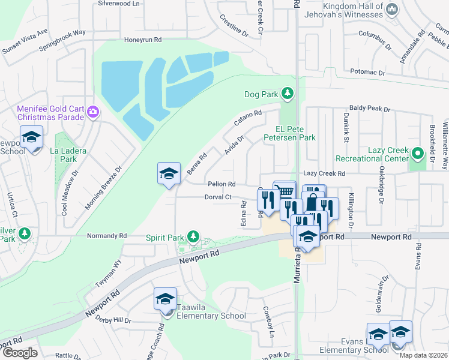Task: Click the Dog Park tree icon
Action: click(288, 94)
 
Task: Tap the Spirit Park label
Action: click(164, 238)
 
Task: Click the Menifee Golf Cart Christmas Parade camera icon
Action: click(92, 112)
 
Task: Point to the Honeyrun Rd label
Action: click(143, 40)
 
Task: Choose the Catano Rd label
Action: click(248, 118)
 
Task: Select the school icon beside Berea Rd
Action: click(169, 174)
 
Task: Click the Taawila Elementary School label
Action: click(211, 316)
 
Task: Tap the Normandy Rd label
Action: click(107, 236)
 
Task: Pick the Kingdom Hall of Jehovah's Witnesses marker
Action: click(392, 8)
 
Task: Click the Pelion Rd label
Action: click(221, 184)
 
